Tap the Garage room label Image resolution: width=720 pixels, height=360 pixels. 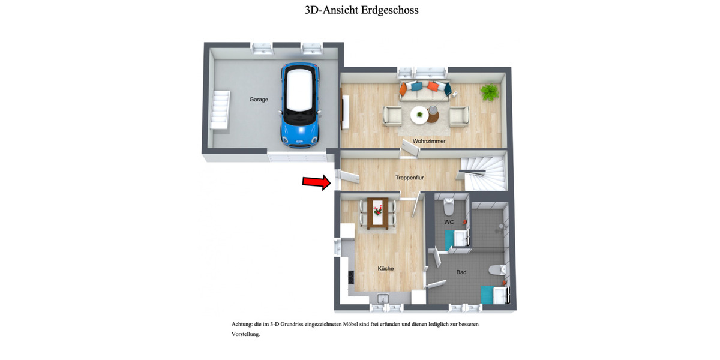coord(259,100)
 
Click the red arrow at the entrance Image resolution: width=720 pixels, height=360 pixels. coord(316,182)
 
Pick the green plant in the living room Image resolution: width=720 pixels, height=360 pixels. coord(490,92)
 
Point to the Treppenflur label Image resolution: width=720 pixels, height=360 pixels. coord(410,178)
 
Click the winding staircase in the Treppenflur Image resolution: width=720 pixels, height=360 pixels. coord(484,172)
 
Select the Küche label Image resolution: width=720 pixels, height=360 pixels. coord(385,268)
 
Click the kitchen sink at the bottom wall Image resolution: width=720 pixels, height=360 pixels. coord(383,298)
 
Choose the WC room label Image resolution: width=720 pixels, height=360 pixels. coord(449,222)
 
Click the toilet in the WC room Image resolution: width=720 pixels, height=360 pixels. coord(448,208)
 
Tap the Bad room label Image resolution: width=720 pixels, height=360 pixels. coord(461,272)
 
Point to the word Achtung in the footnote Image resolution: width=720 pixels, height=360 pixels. coord(242,324)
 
